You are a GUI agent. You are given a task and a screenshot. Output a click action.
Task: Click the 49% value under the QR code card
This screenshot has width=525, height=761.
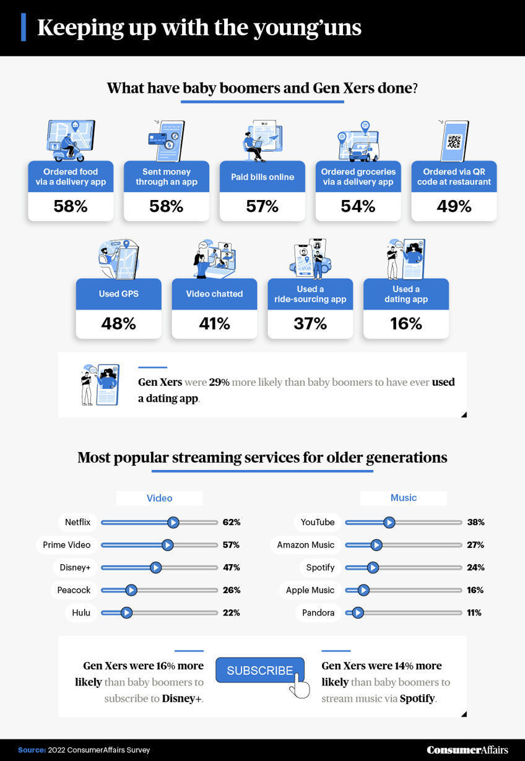(454, 206)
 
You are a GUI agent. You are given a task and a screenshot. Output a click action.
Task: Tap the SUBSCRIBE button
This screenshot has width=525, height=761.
(260, 671)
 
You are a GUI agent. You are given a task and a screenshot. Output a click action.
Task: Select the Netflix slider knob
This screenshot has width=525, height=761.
(173, 523)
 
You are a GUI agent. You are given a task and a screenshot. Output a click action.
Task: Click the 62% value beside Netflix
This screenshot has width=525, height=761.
(232, 523)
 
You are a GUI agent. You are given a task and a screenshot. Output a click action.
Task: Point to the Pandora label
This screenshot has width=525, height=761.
(318, 613)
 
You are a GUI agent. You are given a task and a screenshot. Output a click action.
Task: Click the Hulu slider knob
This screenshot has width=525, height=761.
(126, 613)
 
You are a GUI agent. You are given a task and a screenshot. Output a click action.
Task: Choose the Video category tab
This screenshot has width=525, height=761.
(159, 498)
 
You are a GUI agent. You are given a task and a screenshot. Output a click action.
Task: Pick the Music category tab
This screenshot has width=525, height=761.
(404, 498)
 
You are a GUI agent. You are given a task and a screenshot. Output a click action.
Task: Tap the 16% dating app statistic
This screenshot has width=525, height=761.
(406, 323)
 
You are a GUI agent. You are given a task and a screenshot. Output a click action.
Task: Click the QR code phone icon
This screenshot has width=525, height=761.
(454, 141)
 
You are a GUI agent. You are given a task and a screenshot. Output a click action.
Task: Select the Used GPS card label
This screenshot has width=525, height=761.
(118, 294)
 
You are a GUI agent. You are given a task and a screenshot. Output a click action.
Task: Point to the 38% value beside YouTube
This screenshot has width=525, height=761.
(475, 523)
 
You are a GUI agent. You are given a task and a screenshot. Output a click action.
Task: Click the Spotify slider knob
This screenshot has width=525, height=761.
(373, 568)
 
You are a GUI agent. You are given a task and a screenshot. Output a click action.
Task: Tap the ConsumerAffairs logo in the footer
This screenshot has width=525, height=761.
(467, 750)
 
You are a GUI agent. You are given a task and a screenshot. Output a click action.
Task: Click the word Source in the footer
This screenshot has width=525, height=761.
(32, 750)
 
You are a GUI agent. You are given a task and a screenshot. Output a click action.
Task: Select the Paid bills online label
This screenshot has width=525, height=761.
(262, 177)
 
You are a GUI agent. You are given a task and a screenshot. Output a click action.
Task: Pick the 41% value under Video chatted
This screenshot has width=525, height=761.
(214, 323)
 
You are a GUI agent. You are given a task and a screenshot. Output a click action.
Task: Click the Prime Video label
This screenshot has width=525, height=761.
(67, 545)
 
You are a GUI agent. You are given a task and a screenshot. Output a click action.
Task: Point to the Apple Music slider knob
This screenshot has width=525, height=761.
(363, 590)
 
